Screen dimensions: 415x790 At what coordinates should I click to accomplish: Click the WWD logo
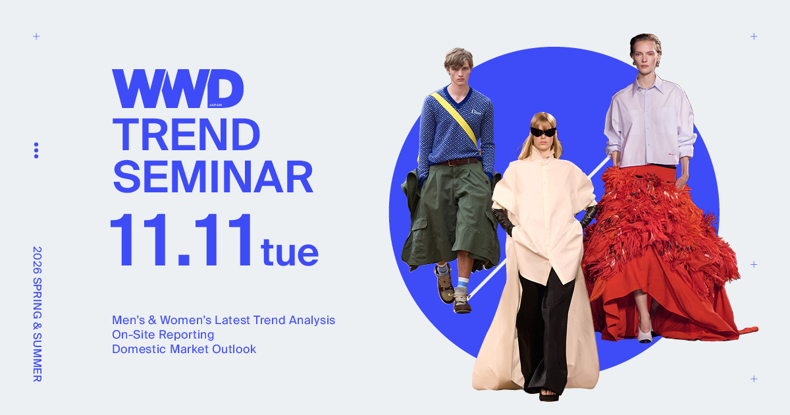click(x=178, y=89)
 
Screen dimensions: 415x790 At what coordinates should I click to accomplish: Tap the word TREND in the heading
click(x=186, y=136)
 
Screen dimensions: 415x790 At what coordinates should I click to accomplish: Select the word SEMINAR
click(x=212, y=177)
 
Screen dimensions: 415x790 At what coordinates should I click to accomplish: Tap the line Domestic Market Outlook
click(x=184, y=349)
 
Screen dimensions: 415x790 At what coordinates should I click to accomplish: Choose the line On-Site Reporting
click(x=163, y=335)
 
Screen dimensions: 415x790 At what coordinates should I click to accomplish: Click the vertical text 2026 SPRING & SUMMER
click(x=37, y=314)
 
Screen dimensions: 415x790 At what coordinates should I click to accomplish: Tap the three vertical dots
click(x=36, y=150)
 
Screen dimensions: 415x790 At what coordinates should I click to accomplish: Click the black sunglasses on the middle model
click(x=544, y=132)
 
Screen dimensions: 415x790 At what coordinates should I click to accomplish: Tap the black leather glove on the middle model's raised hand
click(x=505, y=221)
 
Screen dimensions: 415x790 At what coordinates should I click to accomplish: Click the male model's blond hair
click(x=458, y=58)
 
